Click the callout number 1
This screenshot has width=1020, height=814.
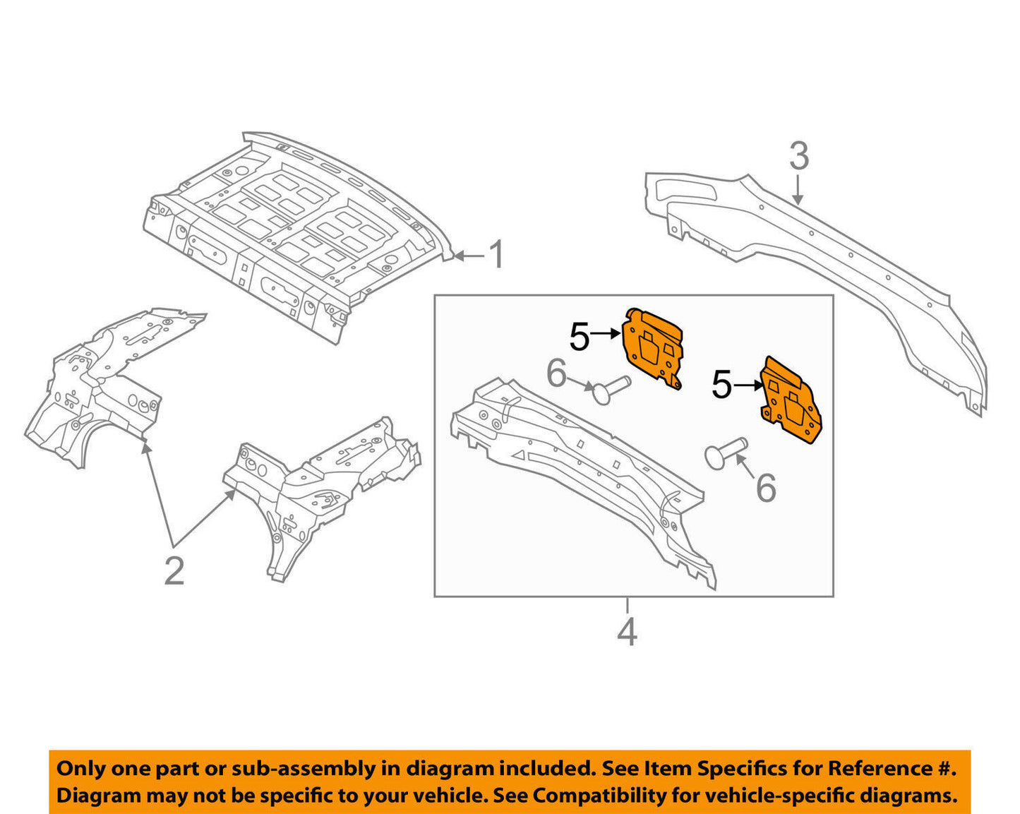pos(497,254)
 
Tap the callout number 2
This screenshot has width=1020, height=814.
pos(174,570)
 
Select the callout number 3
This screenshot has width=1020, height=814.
pos(798,156)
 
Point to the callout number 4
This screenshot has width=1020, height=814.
pos(627,632)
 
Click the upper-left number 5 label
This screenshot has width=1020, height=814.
pos(579,337)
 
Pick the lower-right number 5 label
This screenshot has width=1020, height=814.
pos(721,385)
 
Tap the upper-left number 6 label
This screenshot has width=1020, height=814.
pos(556,373)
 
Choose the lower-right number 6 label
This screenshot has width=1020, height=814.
pos(766,488)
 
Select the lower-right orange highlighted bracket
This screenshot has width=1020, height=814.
pos(791,401)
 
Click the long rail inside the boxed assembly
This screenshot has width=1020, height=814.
pos(579,473)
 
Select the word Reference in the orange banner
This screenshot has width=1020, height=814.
pos(879,769)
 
